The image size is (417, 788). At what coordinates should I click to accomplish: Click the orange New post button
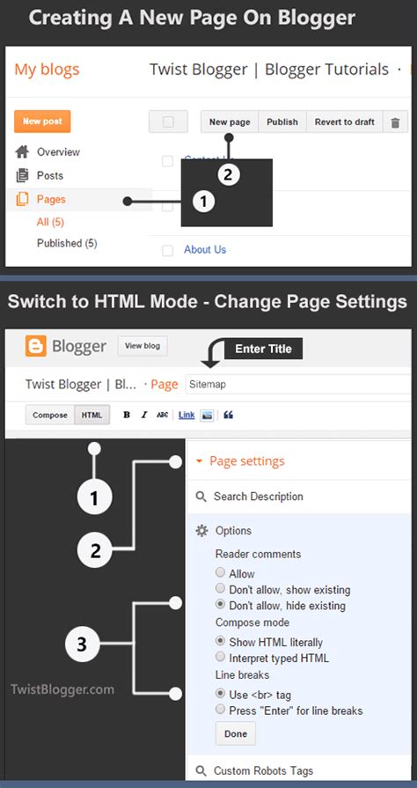(x=42, y=122)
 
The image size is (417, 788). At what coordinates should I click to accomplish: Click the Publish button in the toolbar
(x=282, y=122)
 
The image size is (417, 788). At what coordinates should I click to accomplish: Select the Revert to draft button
(x=344, y=122)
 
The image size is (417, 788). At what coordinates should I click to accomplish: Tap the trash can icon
(x=395, y=123)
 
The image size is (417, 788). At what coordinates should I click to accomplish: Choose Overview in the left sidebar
(x=58, y=152)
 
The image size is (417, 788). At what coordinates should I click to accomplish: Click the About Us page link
(x=204, y=249)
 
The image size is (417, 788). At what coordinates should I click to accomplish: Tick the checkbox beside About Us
(x=167, y=250)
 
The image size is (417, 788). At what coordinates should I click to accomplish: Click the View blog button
(x=143, y=346)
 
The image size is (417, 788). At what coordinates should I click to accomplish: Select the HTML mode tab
(x=91, y=415)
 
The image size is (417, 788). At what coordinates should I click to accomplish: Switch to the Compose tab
(x=50, y=415)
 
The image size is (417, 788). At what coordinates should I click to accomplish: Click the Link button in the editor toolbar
(x=187, y=415)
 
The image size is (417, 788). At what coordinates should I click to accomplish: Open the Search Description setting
(x=258, y=497)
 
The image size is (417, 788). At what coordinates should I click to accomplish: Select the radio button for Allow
(x=220, y=573)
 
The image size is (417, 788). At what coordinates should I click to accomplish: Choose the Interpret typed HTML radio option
(x=220, y=658)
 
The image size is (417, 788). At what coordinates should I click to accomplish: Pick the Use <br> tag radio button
(x=220, y=694)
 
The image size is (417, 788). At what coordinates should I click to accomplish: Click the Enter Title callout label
(x=264, y=349)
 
